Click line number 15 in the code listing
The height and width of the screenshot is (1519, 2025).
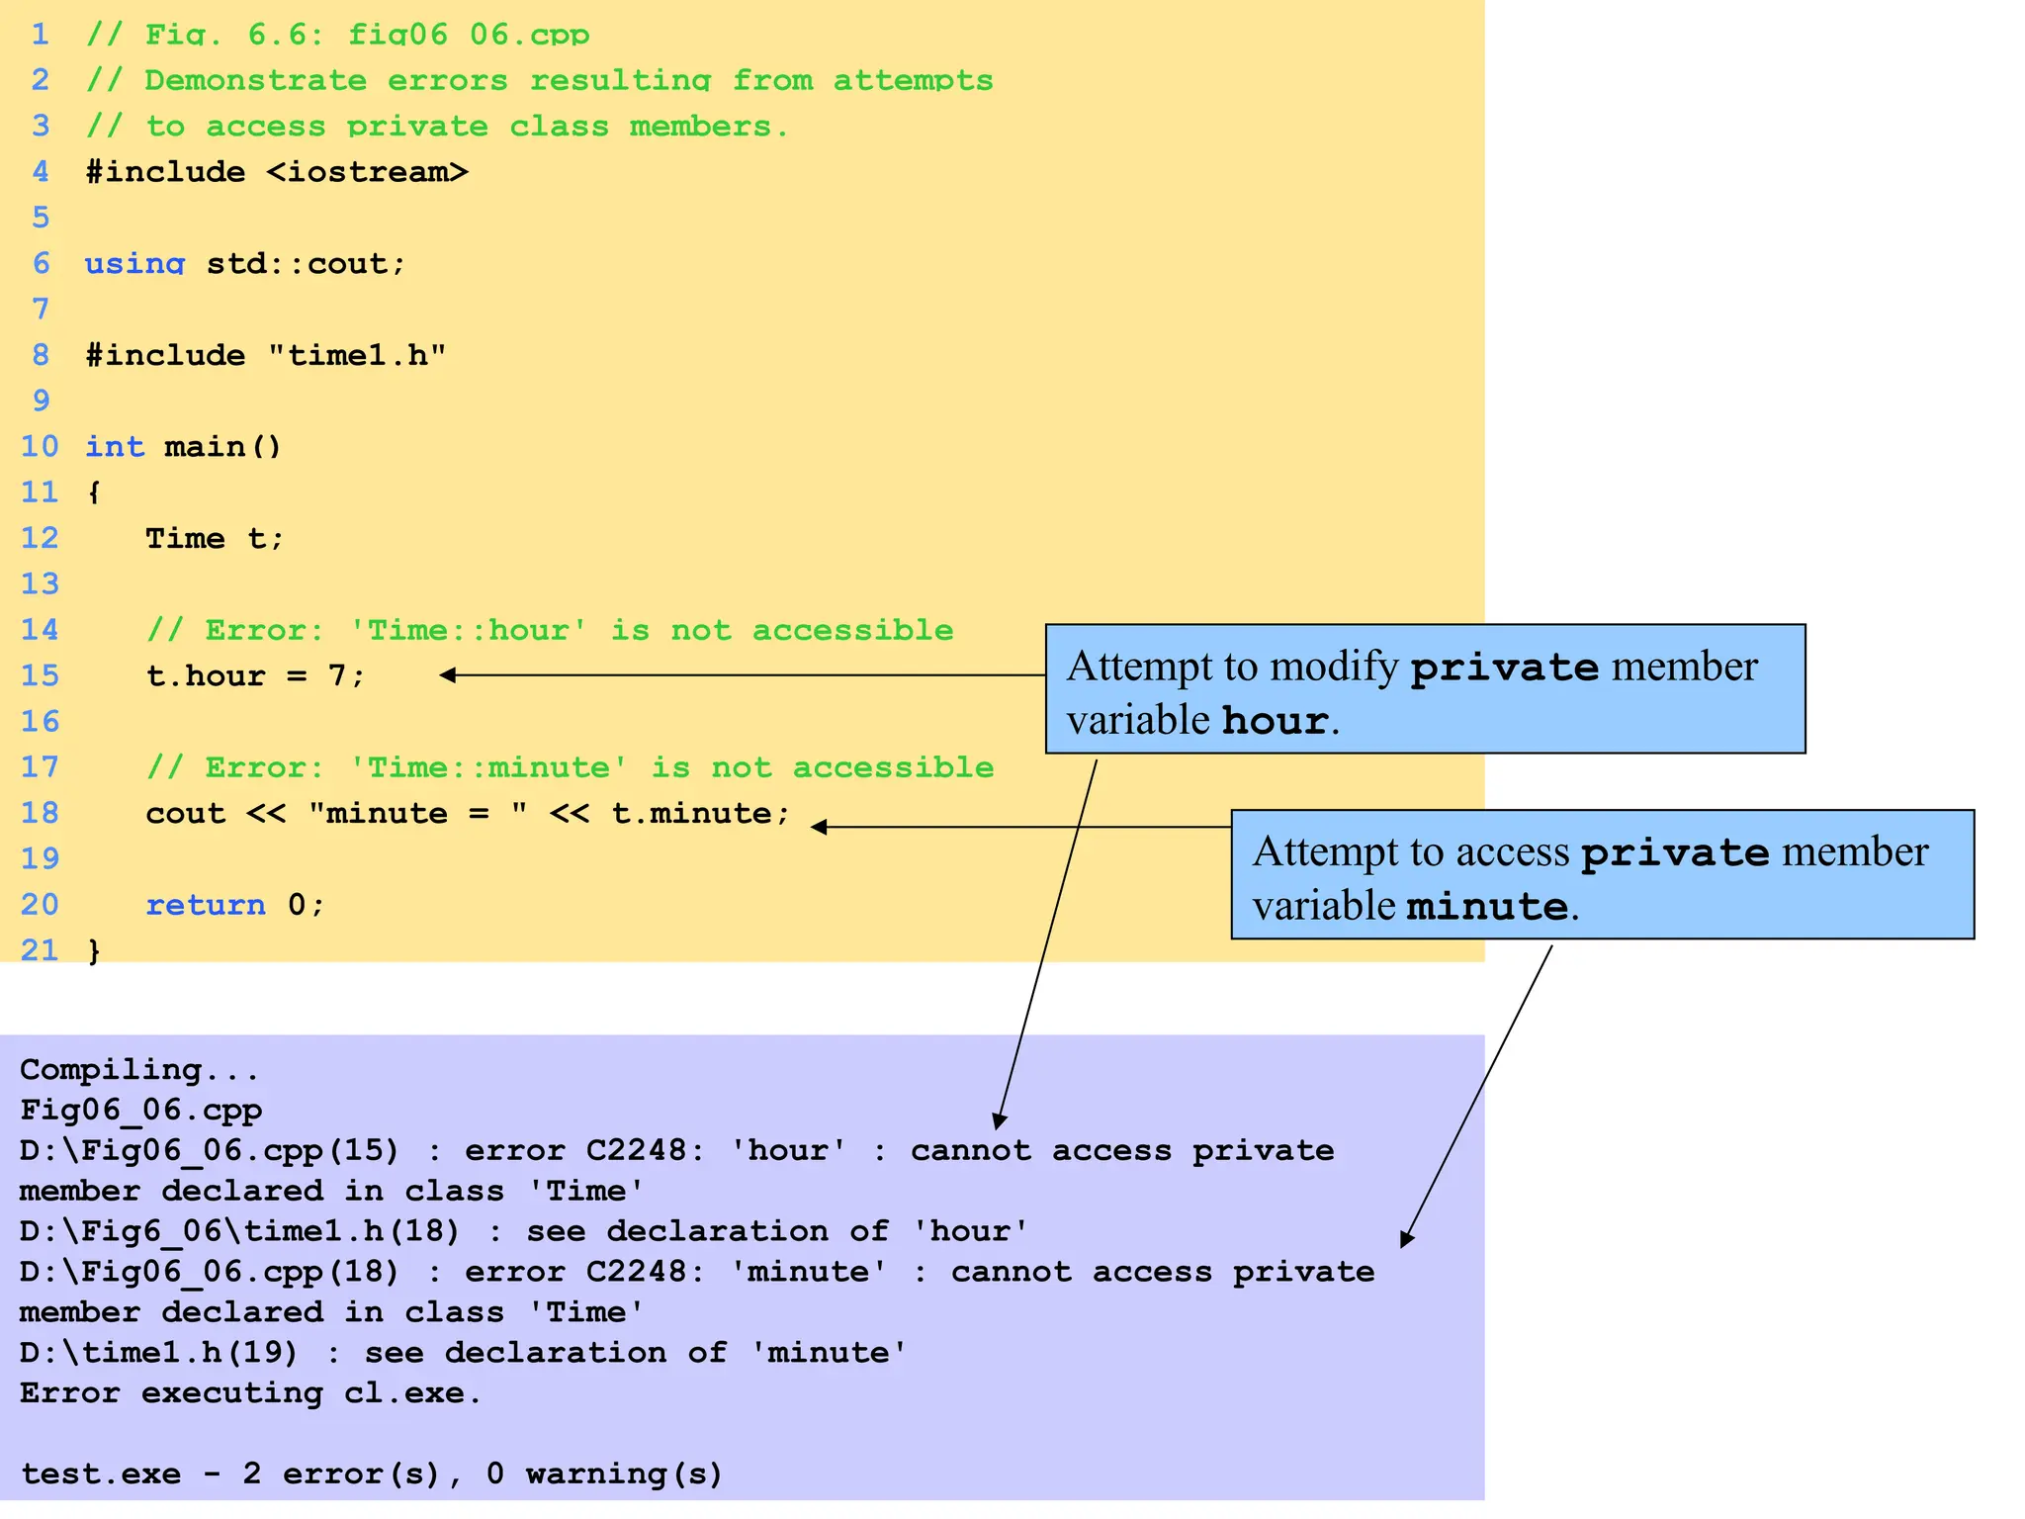point(40,676)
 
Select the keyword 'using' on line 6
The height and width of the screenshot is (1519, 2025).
point(134,264)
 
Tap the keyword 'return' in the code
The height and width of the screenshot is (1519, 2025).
point(206,905)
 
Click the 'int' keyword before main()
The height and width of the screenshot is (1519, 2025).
point(115,447)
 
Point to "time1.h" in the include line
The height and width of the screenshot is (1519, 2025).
point(357,355)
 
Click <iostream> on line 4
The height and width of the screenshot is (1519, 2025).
point(367,172)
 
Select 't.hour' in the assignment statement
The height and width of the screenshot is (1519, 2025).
point(206,676)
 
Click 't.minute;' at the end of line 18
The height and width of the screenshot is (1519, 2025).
point(701,814)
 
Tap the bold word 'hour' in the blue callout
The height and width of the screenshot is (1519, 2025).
point(1275,721)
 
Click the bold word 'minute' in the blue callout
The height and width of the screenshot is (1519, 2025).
point(1486,907)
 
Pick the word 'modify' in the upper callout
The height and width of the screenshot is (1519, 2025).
point(1334,667)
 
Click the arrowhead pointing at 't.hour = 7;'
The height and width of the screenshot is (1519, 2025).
point(448,675)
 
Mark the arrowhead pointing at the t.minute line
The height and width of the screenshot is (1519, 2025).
point(819,827)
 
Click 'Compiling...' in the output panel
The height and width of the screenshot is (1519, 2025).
point(139,1070)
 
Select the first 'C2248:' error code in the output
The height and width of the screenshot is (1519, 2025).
point(645,1151)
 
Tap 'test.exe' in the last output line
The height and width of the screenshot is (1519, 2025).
point(101,1474)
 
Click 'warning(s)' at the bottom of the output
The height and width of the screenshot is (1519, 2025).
point(624,1474)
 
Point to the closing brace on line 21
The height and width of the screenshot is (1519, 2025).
point(94,951)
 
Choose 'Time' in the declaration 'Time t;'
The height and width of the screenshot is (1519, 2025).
point(185,539)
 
